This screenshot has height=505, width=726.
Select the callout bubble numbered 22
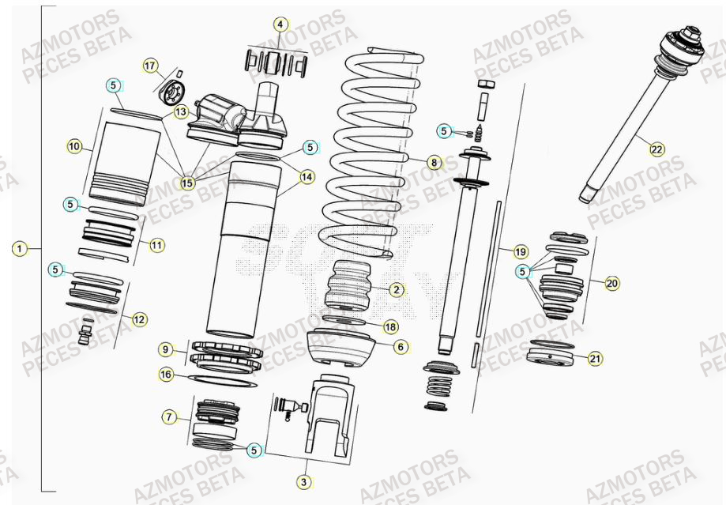pyautogui.click(x=657, y=147)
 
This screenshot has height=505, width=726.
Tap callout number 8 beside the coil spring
pyautogui.click(x=434, y=163)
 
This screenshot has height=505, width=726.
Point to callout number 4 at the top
pyautogui.click(x=280, y=24)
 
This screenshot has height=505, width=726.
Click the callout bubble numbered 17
pyautogui.click(x=151, y=65)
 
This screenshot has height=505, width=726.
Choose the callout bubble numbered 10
pyautogui.click(x=75, y=146)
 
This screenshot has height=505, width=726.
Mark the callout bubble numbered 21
pyautogui.click(x=595, y=359)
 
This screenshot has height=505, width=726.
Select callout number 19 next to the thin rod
pyautogui.click(x=520, y=252)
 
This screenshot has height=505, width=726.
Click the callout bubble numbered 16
pyautogui.click(x=165, y=375)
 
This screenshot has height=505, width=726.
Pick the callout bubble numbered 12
pyautogui.click(x=139, y=319)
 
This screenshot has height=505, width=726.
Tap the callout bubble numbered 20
pyautogui.click(x=611, y=282)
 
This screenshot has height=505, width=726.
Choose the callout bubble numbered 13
pyautogui.click(x=181, y=112)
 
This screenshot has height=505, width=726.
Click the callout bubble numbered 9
pyautogui.click(x=165, y=349)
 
